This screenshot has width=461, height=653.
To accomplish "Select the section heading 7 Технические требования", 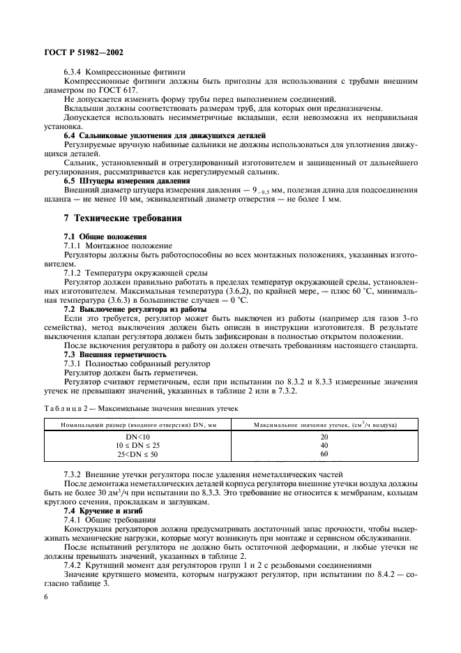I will point(123,218).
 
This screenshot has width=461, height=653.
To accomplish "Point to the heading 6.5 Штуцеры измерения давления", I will point(128,181).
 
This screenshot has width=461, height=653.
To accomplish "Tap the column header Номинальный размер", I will point(138,425).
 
